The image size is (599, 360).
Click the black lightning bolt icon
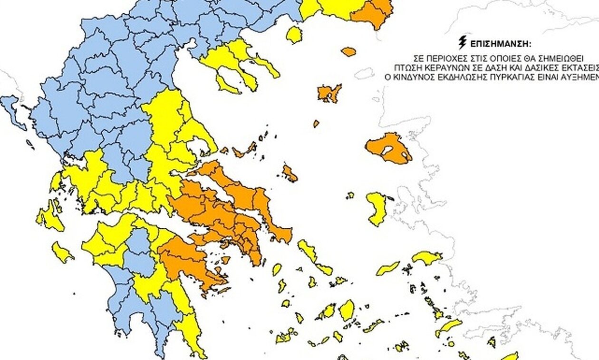click(462, 43)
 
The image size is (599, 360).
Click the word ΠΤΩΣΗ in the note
click(405, 66)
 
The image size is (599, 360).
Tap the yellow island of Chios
click(377, 208)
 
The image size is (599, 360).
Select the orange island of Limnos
click(329, 93)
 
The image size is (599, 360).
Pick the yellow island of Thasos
click(294, 35)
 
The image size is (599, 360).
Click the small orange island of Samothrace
click(348, 51)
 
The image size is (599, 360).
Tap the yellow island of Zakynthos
click(62, 253)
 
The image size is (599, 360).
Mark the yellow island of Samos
click(427, 257)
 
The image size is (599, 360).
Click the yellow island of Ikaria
click(388, 268)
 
